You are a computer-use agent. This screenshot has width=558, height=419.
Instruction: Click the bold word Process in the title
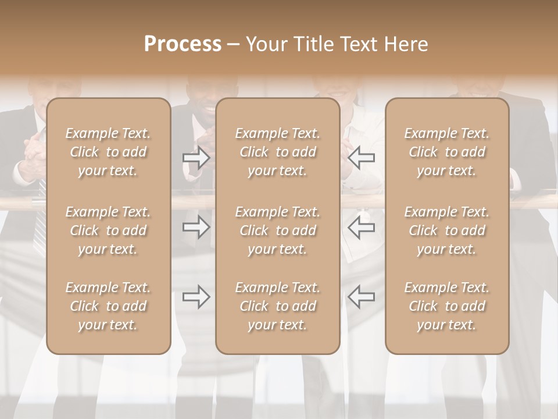(183, 44)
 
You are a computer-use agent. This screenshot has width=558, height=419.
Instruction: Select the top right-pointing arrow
(196, 157)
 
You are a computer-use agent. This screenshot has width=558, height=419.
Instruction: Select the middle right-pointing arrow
(196, 227)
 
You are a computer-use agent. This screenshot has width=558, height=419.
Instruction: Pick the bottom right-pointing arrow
(196, 297)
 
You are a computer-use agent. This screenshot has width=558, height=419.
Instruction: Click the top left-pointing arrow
(361, 157)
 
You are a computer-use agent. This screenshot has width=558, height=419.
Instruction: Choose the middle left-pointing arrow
(361, 227)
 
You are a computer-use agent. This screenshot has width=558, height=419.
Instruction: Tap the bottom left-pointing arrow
(361, 297)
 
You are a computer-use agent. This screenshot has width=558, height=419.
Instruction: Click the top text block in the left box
(108, 152)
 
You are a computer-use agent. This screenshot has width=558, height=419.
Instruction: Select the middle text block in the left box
(108, 230)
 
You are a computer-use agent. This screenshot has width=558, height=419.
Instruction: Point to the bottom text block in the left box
(108, 306)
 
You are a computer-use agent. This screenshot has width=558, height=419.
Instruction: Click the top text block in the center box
(277, 152)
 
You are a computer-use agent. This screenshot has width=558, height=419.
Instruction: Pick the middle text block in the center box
(277, 230)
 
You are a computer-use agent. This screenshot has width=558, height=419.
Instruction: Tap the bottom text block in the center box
(277, 306)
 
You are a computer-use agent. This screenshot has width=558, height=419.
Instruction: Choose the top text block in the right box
(446, 152)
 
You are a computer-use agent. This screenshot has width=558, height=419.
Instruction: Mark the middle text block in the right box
(446, 230)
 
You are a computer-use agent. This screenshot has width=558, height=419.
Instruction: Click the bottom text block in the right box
(446, 306)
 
